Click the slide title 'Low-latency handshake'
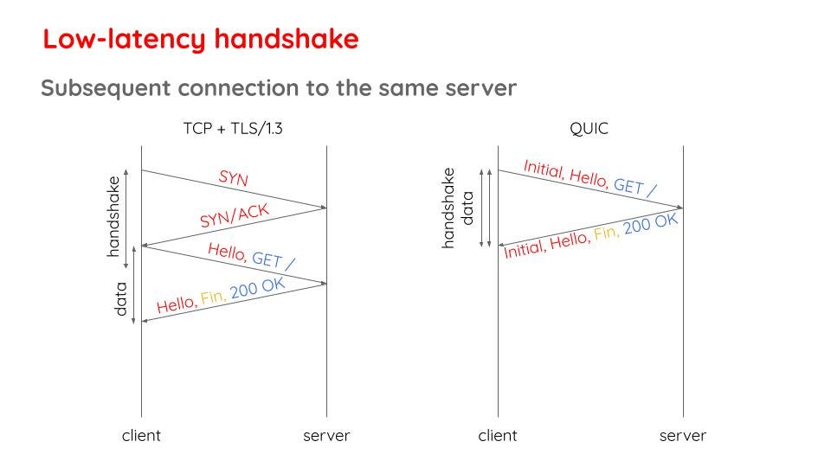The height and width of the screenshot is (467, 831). click(x=201, y=40)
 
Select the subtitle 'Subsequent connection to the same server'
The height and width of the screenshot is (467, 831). click(x=279, y=88)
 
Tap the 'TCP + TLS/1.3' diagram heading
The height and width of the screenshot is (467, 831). click(x=233, y=129)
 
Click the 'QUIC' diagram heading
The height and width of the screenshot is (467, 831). click(x=589, y=129)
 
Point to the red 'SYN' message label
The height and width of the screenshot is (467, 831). click(x=233, y=178)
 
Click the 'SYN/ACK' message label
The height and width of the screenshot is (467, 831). click(x=235, y=215)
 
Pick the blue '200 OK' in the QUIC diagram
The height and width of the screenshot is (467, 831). click(x=651, y=223)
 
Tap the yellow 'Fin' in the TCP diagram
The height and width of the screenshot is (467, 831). click(x=213, y=298)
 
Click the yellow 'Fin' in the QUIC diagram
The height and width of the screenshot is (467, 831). click(x=606, y=233)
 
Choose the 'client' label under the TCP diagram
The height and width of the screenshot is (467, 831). click(x=141, y=436)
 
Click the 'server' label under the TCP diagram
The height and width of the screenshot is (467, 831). click(x=326, y=436)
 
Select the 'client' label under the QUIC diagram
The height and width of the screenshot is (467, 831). click(x=497, y=436)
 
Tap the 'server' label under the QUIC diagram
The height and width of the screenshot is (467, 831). click(x=683, y=436)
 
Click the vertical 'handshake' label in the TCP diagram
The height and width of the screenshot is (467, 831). click(x=113, y=216)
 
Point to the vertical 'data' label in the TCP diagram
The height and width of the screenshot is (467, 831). click(x=121, y=299)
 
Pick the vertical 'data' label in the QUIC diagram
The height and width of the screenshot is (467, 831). click(x=467, y=208)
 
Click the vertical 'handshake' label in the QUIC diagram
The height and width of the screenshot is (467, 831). click(x=448, y=208)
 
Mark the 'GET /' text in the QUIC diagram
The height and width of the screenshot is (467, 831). click(x=635, y=187)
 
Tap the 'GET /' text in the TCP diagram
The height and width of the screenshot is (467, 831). click(x=274, y=260)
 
